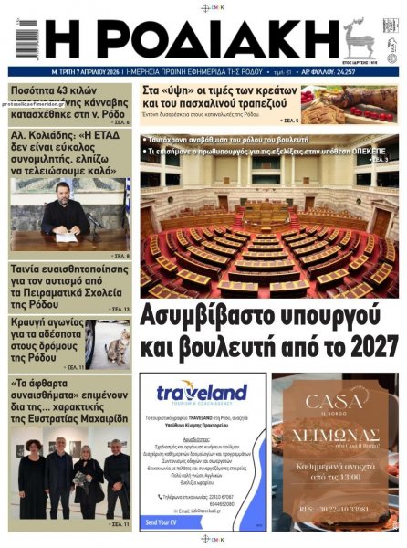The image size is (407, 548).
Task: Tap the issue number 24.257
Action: click(x=380, y=71)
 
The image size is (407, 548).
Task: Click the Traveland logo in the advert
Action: click(x=202, y=394)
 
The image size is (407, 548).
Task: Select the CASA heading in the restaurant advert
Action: click(x=335, y=402)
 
